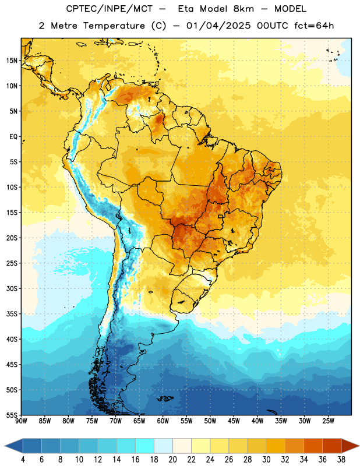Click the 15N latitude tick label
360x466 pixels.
tap(12, 61)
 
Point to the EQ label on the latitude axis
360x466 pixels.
tap(13, 137)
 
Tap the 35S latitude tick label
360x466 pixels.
tap(12, 314)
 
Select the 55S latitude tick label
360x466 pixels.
tap(12, 415)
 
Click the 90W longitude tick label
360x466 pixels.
tap(22, 421)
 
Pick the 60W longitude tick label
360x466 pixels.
tap(163, 421)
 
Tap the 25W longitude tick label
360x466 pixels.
tap(328, 421)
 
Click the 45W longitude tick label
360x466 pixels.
tap(234, 421)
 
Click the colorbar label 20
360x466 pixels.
tap(172, 460)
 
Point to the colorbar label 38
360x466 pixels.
tap(341, 460)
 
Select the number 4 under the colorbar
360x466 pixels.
tap(23, 460)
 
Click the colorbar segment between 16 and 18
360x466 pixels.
tap(145, 446)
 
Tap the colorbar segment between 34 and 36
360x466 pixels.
tap(313, 446)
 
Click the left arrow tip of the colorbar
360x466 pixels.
tap(5, 446)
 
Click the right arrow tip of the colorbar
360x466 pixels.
tap(359, 446)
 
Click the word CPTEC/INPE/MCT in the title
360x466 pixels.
tap(110, 9)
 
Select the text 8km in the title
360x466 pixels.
tap(243, 9)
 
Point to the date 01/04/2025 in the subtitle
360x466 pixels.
tap(218, 26)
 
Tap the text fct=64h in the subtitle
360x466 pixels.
tap(314, 26)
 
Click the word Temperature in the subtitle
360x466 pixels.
tap(114, 26)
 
